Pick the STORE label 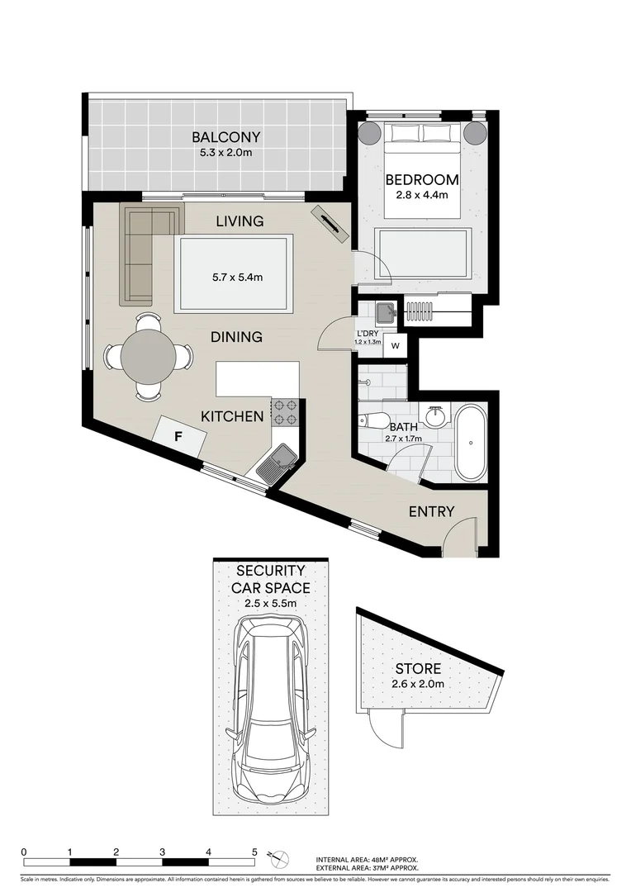click(x=417, y=669)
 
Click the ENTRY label click(x=431, y=512)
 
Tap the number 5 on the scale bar click(x=255, y=852)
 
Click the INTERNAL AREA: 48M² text click(x=367, y=859)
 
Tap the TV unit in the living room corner click(x=330, y=224)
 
